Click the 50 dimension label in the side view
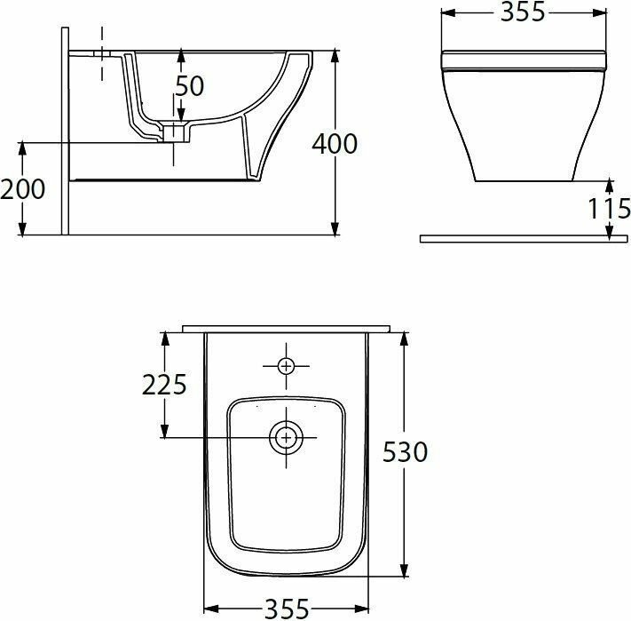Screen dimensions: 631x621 tap(190, 85)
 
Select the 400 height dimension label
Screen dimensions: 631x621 tap(335, 144)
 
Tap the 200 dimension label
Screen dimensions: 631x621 tap(22, 189)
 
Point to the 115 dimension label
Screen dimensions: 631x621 tap(610, 208)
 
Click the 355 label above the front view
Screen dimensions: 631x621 tap(523, 12)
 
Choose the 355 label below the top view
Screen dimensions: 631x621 tap(287, 609)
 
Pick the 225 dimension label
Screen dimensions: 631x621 tap(164, 385)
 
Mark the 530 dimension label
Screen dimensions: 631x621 tap(405, 452)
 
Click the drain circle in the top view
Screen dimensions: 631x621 tap(286, 437)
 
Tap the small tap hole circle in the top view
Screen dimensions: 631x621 tap(286, 366)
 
